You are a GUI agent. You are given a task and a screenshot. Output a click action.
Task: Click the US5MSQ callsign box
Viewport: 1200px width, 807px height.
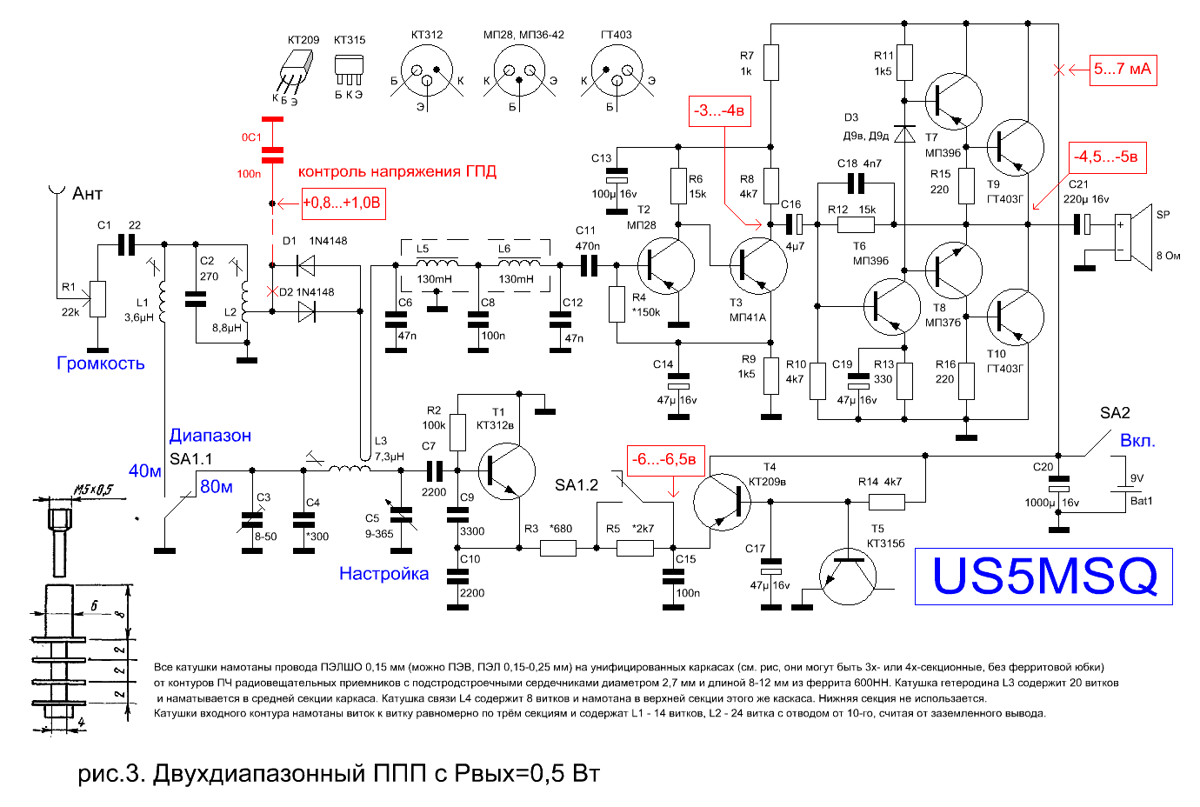[1043, 576]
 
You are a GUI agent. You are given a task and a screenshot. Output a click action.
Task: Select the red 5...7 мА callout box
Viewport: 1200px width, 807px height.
[1123, 70]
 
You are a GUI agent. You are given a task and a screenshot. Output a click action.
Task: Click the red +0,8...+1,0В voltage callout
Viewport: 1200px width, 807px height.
[343, 203]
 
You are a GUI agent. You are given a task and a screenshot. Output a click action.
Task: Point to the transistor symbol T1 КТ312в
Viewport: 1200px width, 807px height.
[506, 471]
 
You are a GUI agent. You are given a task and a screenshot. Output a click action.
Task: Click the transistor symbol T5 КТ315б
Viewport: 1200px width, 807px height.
[848, 576]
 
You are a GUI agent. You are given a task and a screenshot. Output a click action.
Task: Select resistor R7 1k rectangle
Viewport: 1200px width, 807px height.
[771, 63]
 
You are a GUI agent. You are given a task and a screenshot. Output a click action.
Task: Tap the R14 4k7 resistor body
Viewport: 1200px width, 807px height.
[887, 502]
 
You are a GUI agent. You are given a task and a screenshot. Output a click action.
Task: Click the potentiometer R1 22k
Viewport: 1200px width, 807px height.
[97, 299]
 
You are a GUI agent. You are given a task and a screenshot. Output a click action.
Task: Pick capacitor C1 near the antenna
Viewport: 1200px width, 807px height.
[126, 245]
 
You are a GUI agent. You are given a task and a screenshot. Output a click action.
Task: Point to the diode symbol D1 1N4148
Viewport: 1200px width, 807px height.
[306, 265]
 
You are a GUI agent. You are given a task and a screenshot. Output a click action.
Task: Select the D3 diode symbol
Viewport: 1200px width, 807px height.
[905, 134]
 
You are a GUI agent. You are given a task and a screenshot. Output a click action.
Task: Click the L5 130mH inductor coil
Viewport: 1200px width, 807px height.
[437, 263]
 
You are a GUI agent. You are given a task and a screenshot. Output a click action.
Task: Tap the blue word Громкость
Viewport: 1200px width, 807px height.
[101, 363]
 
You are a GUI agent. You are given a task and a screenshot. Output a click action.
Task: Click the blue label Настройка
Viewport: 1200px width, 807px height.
[384, 573]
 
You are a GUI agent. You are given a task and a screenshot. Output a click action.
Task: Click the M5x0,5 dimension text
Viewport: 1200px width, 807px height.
[94, 490]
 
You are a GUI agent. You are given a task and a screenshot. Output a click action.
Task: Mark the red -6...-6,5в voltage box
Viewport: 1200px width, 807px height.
[665, 460]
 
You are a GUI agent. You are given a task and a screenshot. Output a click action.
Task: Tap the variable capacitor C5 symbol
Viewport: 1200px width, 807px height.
[401, 515]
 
